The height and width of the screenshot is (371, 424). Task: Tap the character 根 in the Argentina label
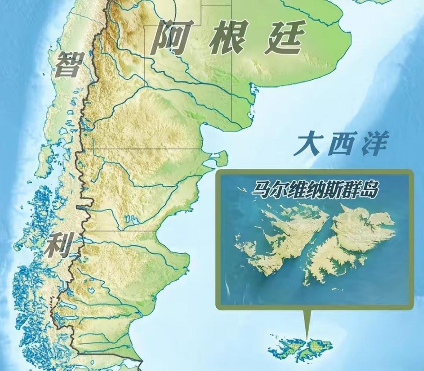tap(228, 37)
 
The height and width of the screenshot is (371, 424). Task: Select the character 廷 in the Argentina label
tap(284, 37)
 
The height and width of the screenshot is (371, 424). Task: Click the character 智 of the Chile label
tap(69, 64)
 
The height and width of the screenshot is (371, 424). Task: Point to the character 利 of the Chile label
tap(60, 245)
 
